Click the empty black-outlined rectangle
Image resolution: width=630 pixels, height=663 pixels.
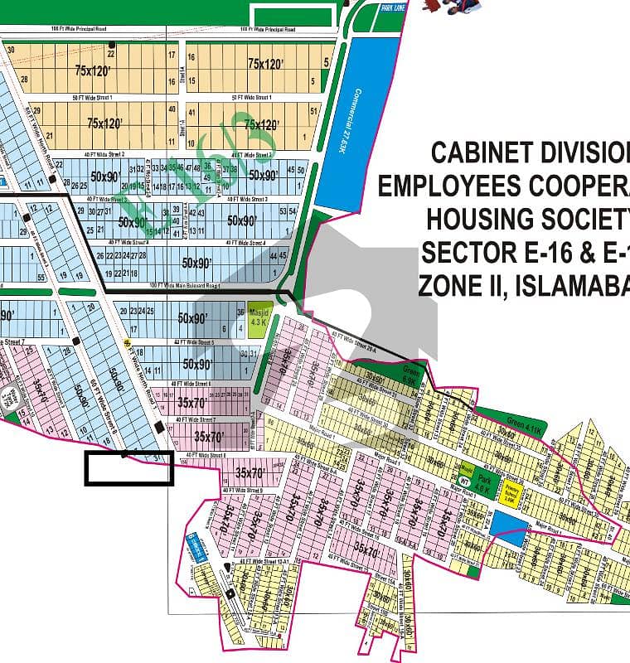pyautogui.click(x=128, y=468)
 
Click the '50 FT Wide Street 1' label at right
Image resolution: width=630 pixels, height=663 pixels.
pyautogui.click(x=252, y=98)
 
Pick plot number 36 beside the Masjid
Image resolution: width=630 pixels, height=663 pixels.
pyautogui.click(x=240, y=312)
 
